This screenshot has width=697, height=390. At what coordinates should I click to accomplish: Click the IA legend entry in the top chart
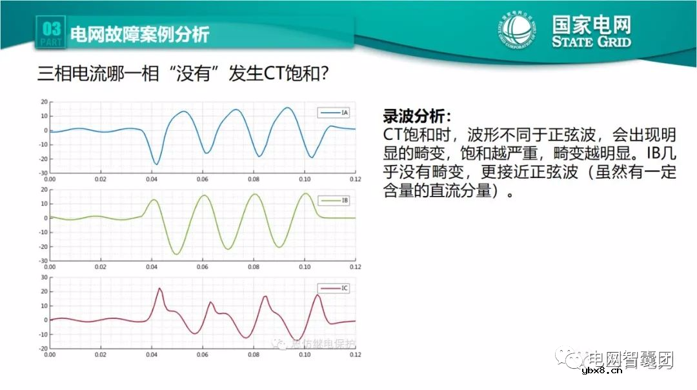tap(334, 113)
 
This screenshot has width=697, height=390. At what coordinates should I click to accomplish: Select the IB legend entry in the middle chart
tap(334, 201)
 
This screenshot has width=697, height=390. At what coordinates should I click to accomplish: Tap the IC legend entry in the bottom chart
tap(334, 289)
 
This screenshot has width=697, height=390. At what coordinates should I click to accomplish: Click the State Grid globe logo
tap(516, 32)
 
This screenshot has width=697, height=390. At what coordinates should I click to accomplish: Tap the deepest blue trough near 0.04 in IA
tap(156, 164)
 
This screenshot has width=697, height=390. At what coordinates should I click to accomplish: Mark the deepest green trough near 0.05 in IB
tap(176, 254)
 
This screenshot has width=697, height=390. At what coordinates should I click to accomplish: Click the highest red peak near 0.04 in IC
tap(159, 289)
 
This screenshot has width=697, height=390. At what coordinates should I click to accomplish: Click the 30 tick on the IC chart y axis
tap(44, 277)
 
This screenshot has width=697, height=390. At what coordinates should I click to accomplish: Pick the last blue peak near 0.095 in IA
tap(288, 108)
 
